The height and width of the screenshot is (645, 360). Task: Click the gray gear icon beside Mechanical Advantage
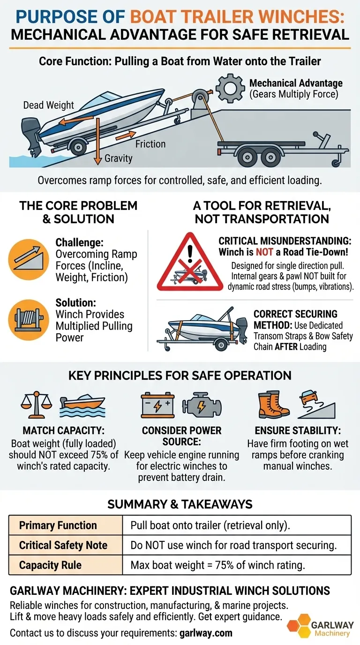(x=231, y=88)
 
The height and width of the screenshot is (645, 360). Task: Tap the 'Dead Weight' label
(x=49, y=105)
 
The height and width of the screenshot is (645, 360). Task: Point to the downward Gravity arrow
(x=98, y=141)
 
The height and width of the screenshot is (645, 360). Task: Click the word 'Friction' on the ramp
(x=150, y=144)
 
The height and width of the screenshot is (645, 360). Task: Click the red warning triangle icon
(x=190, y=262)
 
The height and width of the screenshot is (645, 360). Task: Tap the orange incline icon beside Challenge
(x=28, y=260)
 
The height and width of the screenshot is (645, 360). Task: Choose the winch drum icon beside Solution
(x=28, y=320)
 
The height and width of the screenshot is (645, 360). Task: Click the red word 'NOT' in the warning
(x=264, y=252)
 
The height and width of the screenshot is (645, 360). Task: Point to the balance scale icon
(x=36, y=405)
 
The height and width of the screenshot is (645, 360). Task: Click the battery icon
(x=157, y=405)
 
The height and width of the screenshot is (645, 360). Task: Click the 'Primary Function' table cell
(x=66, y=525)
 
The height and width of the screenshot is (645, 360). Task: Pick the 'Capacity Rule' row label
(x=50, y=565)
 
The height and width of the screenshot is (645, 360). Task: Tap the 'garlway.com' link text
(x=206, y=633)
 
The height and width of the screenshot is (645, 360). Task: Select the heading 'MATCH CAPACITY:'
(x=64, y=430)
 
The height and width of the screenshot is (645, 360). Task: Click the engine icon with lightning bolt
(x=202, y=405)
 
